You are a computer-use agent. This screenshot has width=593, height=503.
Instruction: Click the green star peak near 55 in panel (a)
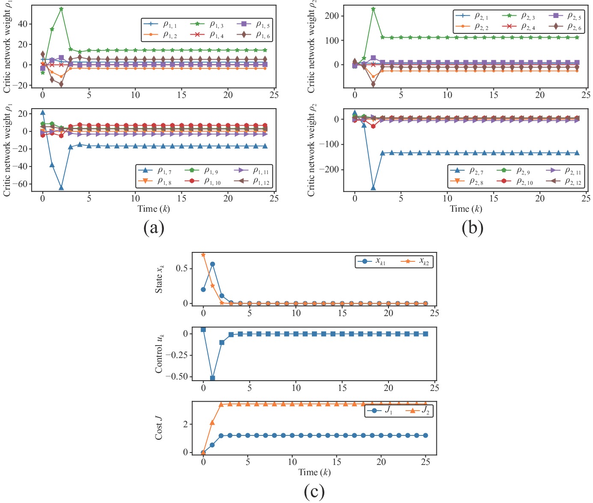[x=61, y=9]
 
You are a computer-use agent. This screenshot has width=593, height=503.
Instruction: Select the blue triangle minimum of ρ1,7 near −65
[x=61, y=188]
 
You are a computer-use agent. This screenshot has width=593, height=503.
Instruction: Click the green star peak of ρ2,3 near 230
[x=373, y=9]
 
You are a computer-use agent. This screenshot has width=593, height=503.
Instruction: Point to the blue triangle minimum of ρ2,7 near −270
[x=373, y=188]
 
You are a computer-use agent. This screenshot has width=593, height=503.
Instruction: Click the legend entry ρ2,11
[x=564, y=171]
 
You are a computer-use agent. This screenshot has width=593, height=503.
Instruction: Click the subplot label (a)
[x=154, y=227]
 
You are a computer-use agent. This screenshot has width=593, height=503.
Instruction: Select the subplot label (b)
[x=472, y=227]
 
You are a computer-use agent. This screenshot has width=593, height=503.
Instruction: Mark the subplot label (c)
[x=314, y=491]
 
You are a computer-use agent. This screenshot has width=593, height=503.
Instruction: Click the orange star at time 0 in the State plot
[x=203, y=255]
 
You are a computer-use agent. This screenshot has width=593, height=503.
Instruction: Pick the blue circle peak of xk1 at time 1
[x=213, y=264]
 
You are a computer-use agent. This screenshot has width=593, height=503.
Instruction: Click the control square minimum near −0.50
[x=213, y=378]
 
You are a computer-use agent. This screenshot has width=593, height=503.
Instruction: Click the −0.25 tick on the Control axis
[x=177, y=355]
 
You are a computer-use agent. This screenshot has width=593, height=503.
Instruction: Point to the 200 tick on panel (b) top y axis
[x=332, y=16]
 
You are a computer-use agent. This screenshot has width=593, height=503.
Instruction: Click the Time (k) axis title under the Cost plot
[x=314, y=472]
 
